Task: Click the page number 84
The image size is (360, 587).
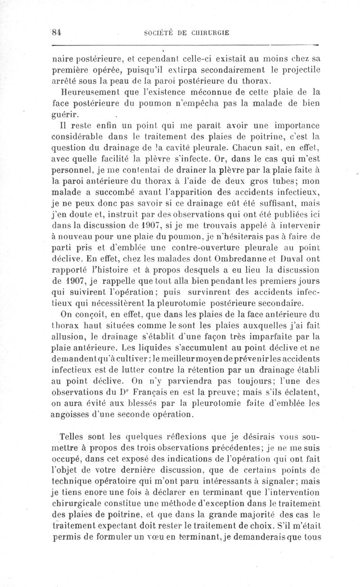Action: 57,32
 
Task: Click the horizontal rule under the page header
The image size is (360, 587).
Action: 184,45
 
